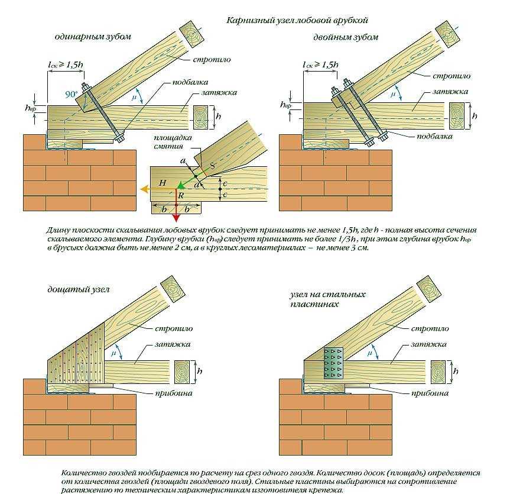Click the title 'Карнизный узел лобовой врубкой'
[x=297, y=20]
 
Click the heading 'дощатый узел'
[x=80, y=289]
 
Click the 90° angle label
[x=72, y=94]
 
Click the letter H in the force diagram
[x=163, y=183]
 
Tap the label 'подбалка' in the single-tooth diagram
[x=191, y=82]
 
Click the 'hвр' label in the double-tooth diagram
[x=285, y=104]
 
